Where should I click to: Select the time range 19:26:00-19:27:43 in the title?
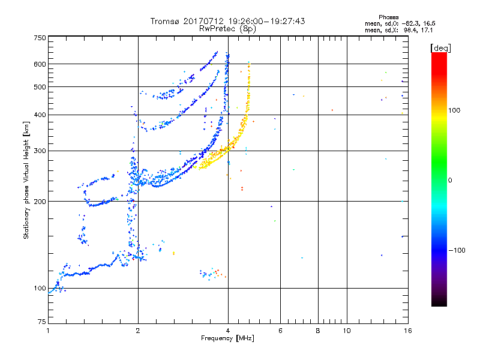tap(266, 21)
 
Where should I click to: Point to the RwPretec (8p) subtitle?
tap(227, 29)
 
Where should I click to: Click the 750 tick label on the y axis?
tap(40, 38)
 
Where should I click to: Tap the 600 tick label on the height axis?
tap(40, 64)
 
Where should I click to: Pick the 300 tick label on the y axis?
tap(40, 151)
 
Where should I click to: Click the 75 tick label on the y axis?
tap(42, 322)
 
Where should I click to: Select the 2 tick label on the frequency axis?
tap(138, 331)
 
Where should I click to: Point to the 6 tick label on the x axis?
tap(280, 331)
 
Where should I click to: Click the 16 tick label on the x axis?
tap(408, 331)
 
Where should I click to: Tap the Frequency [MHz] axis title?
tap(227, 338)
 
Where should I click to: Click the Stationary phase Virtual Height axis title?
tap(26, 181)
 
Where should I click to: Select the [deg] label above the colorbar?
tap(440, 49)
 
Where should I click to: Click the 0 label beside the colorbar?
tap(449, 180)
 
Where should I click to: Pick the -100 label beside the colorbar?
tap(457, 250)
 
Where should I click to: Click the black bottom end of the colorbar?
tap(439, 305)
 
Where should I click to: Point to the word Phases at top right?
tap(388, 17)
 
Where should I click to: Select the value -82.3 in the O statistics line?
tap(410, 23)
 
